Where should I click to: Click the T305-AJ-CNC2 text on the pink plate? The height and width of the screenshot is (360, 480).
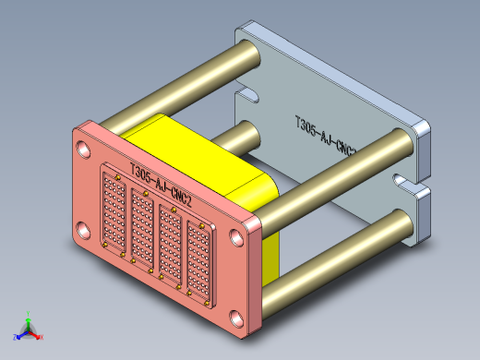pos(161,185)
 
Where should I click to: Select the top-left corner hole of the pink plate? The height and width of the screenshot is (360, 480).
pos(84,148)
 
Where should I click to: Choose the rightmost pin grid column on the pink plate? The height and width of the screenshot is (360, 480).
pos(198,258)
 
